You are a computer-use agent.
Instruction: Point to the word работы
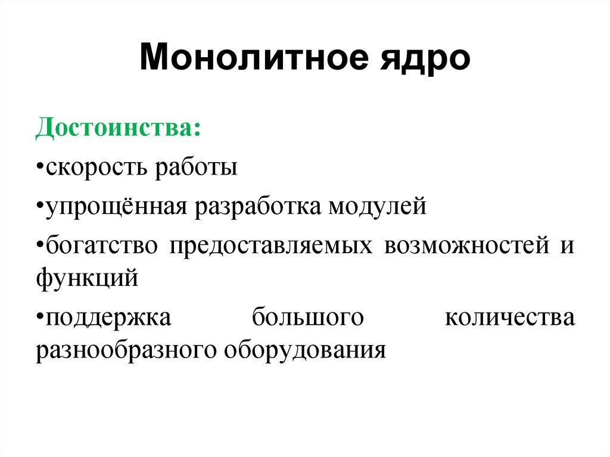point(197,168)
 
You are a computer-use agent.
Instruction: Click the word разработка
point(257,207)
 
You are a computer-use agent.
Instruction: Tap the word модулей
point(377,207)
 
